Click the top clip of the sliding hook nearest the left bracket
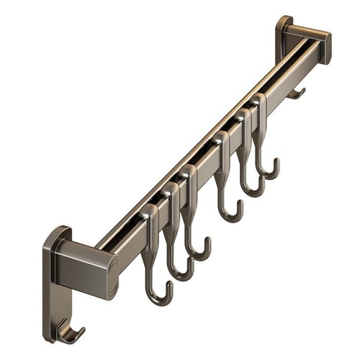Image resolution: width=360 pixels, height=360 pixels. pos(149,215)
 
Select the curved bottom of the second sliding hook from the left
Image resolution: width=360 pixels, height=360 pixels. pos(181,274)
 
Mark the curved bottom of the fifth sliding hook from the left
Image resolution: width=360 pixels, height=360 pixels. pos(253,191)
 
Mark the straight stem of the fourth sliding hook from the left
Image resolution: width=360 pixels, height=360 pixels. pos(222,180)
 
